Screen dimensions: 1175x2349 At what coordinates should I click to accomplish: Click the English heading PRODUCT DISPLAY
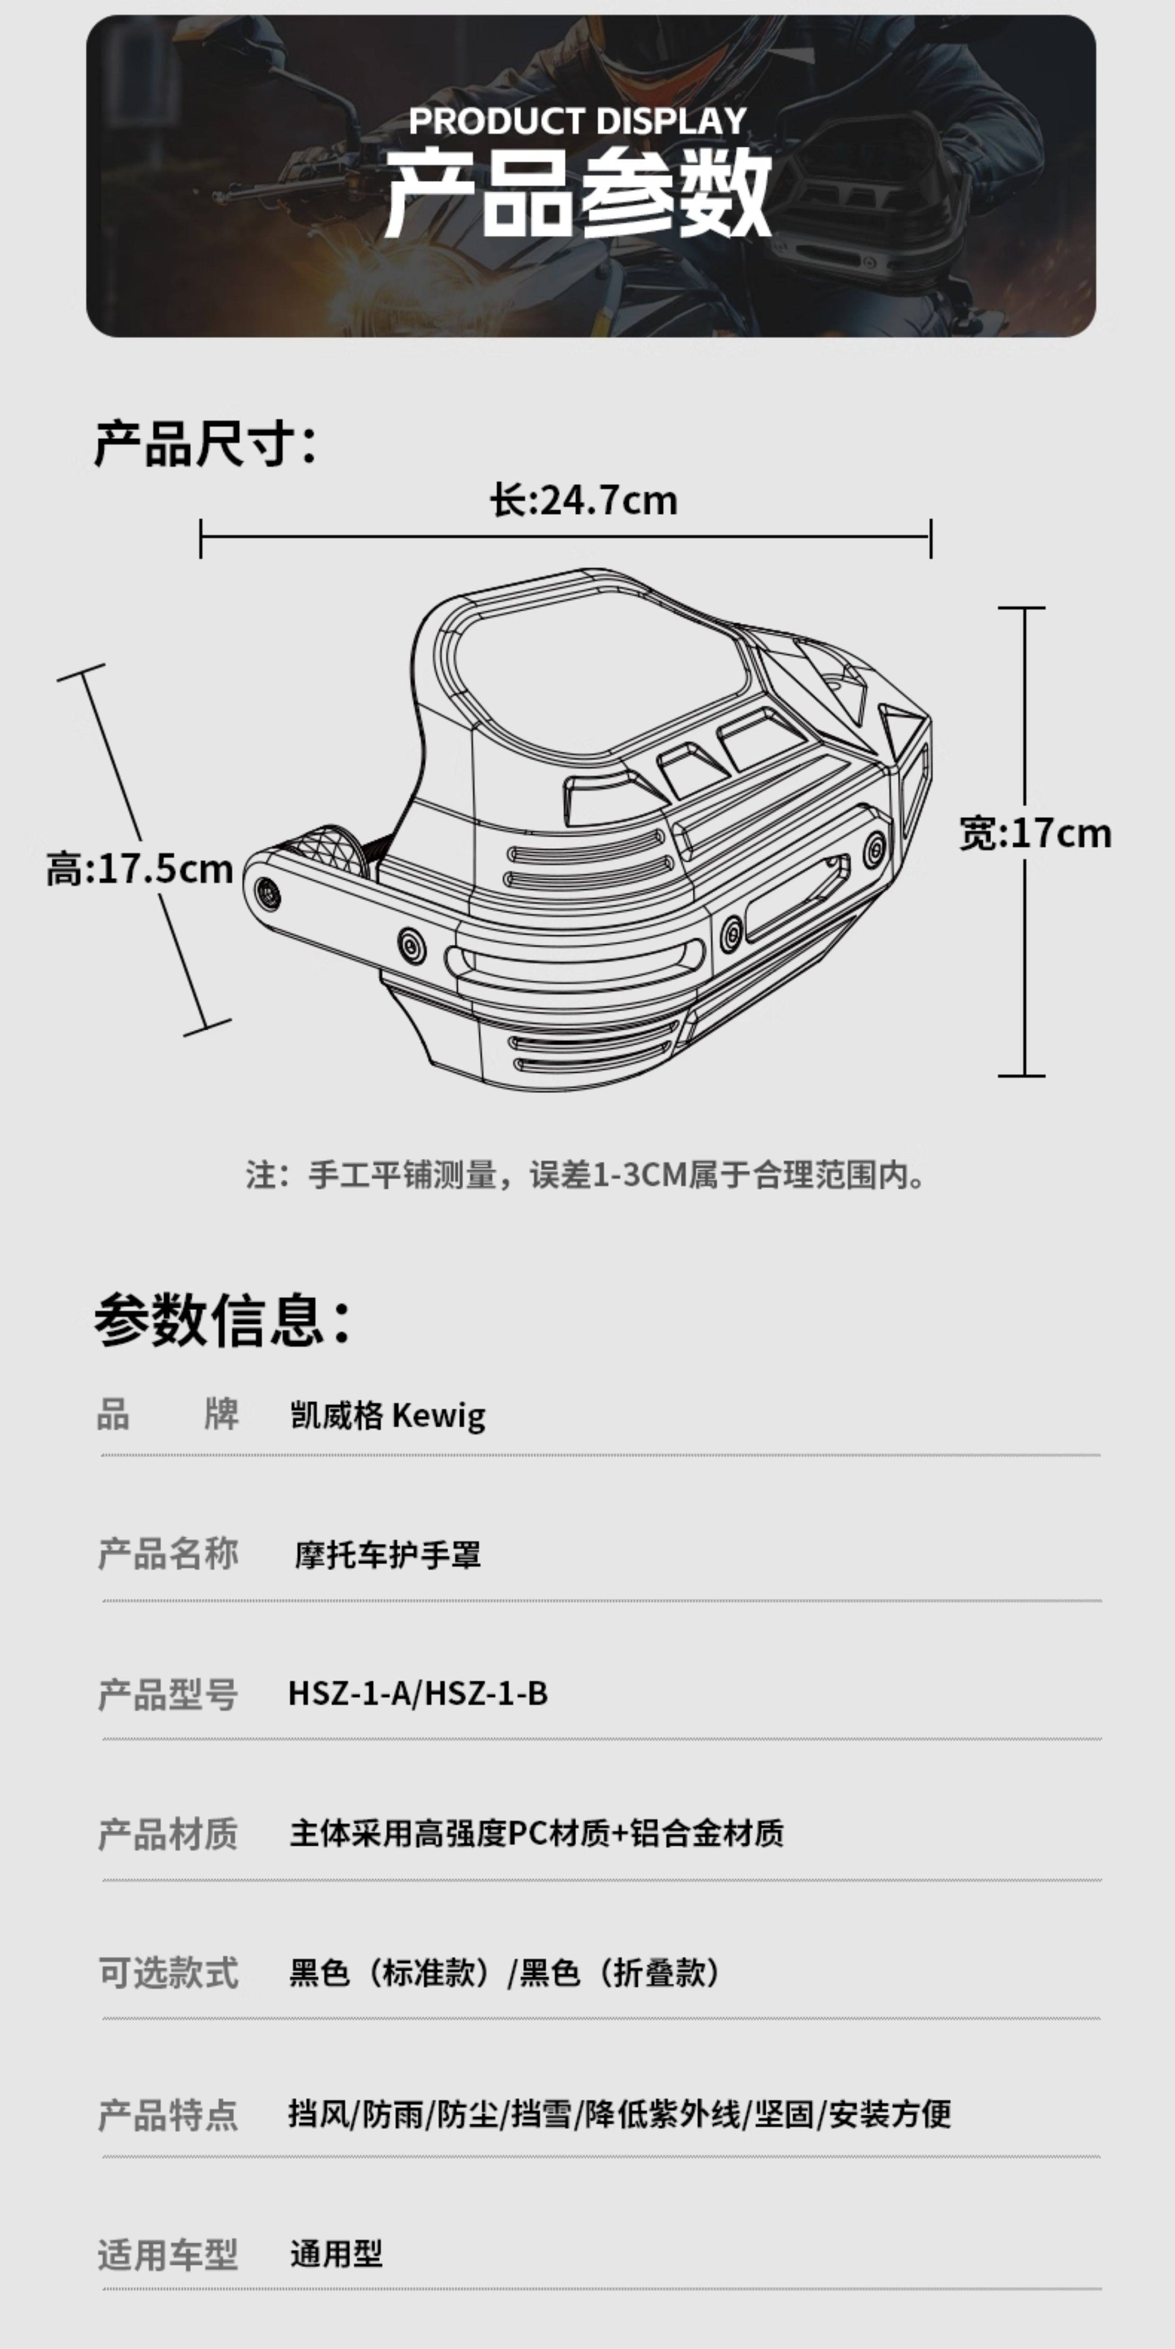(x=578, y=120)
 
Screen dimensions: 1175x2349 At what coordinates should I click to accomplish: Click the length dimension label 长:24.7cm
(x=584, y=501)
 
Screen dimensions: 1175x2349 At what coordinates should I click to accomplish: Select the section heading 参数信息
(x=222, y=1319)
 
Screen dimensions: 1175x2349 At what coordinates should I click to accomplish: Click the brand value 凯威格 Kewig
(x=388, y=1415)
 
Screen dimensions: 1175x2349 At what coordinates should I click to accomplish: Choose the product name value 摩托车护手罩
(x=388, y=1555)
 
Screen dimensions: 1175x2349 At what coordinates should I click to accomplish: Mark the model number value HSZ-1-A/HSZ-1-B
(x=418, y=1694)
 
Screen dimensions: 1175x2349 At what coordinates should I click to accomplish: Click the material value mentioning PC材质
(x=536, y=1833)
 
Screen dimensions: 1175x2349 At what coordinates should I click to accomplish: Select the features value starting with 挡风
(x=619, y=2113)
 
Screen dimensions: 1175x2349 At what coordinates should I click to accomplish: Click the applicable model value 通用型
(x=336, y=2253)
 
